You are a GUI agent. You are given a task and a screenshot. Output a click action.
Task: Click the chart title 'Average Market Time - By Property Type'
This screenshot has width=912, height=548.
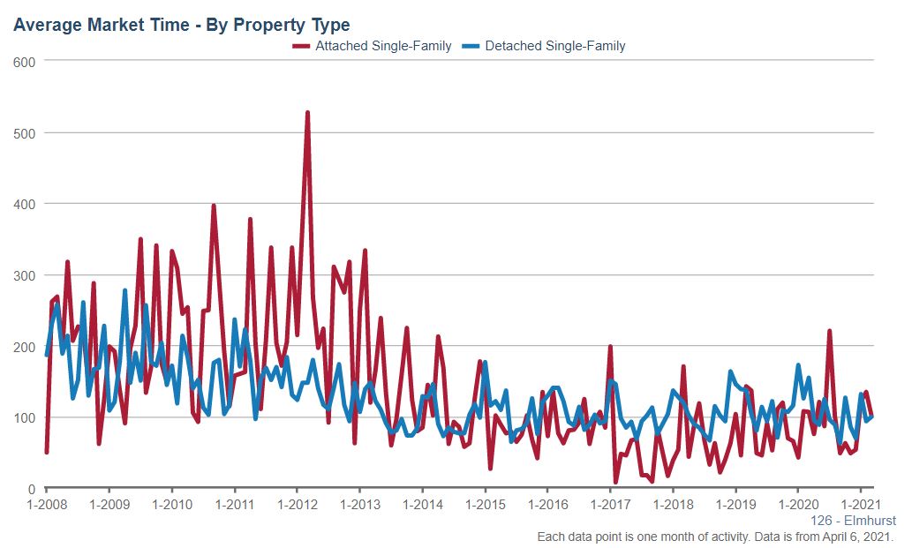(x=181, y=25)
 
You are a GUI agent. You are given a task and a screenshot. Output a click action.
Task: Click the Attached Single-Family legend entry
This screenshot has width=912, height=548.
(x=382, y=46)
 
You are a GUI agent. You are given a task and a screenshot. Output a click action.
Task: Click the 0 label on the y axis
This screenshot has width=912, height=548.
(x=31, y=489)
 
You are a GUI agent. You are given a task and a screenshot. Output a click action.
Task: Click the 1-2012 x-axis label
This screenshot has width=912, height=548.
(x=297, y=505)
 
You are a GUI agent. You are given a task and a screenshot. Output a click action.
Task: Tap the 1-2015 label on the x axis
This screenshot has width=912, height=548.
(x=485, y=505)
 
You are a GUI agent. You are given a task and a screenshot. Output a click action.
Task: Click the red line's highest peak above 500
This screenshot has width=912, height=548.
(x=307, y=113)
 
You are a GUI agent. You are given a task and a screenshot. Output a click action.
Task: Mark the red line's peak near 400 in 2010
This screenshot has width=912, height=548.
(x=214, y=206)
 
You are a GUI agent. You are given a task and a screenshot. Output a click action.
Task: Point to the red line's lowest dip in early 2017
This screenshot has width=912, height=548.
(x=615, y=482)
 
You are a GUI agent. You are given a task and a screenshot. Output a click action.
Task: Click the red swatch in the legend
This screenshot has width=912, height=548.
(x=301, y=46)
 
